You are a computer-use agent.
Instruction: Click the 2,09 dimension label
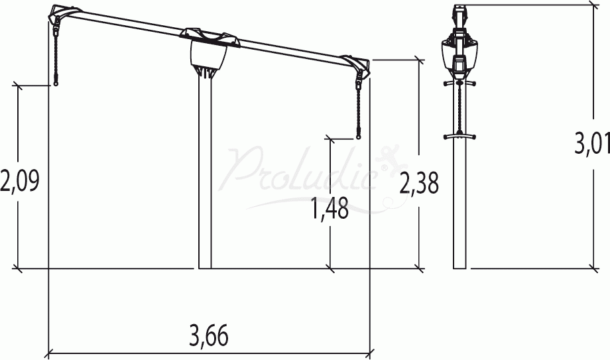point(20,181)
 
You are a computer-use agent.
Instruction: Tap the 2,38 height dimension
point(419,182)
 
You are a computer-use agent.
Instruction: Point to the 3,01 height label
point(592,143)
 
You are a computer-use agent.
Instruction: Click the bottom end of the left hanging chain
point(56,84)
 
